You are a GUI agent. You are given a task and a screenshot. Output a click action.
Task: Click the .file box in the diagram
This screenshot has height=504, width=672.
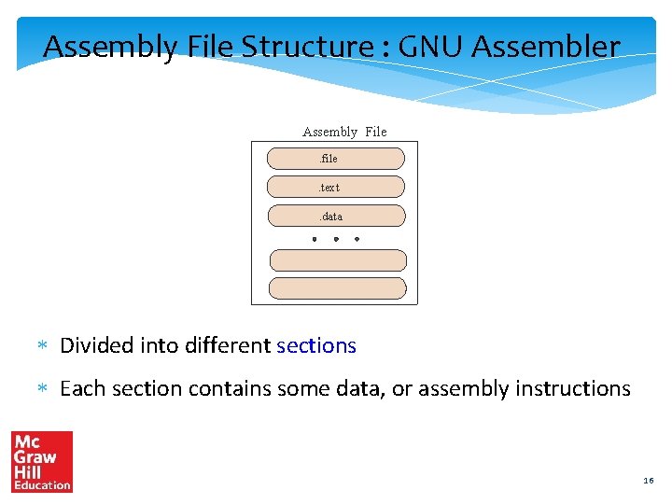click(336, 159)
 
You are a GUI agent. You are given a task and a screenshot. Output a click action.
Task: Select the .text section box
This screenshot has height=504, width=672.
click(336, 188)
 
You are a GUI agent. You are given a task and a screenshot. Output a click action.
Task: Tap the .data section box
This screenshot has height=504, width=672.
click(337, 217)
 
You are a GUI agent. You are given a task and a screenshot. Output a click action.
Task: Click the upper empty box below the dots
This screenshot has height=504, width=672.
click(338, 260)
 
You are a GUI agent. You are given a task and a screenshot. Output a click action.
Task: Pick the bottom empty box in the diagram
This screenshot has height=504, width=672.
click(338, 288)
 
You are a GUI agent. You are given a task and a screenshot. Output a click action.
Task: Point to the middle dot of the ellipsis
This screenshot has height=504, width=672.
click(336, 239)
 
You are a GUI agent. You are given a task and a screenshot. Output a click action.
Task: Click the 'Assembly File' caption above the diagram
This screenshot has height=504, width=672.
click(344, 132)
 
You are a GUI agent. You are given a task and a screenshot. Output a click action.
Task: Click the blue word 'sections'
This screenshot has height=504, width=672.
click(316, 345)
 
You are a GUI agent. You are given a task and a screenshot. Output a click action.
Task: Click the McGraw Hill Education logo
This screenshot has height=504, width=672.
click(42, 461)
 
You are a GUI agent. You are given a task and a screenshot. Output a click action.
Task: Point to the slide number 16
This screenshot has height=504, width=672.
click(649, 481)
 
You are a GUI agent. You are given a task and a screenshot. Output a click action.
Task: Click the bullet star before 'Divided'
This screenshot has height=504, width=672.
click(41, 346)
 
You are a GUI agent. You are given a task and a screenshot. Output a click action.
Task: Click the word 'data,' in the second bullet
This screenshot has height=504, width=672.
click(363, 388)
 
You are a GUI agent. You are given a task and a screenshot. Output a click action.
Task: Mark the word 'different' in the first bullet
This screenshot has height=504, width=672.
click(228, 345)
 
